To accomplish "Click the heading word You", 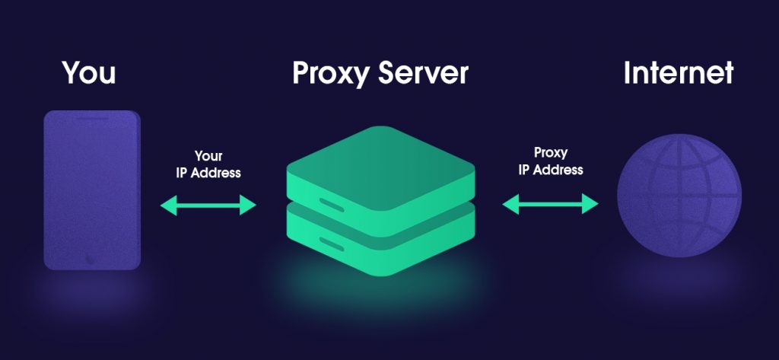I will point(89,73).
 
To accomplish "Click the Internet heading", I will point(678,73).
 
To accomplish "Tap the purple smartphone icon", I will point(92,190).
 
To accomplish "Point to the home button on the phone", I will point(91,256).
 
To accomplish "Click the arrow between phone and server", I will point(208,204).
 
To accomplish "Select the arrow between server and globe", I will point(550,203).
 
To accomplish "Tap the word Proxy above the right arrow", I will point(551,154).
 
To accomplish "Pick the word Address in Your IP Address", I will point(217,173).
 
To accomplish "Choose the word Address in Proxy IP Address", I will point(559,169).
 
